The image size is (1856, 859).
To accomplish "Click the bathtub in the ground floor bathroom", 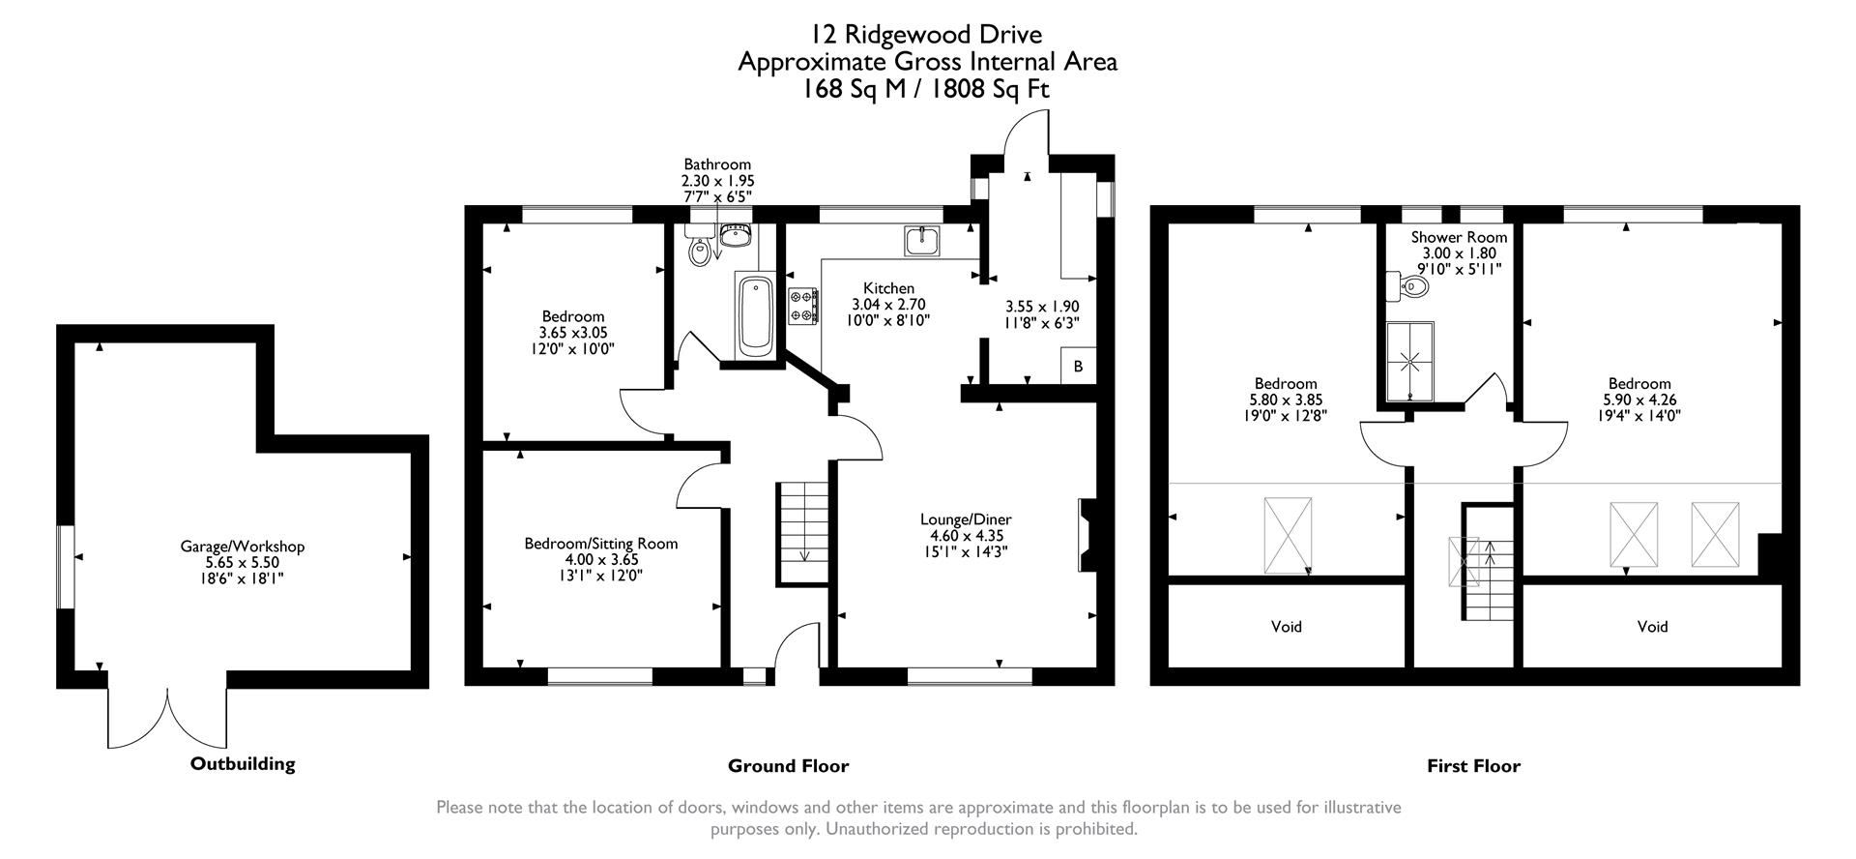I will click(754, 315).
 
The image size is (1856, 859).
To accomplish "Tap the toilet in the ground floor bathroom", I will click(700, 252).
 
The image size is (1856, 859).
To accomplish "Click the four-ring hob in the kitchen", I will click(803, 306).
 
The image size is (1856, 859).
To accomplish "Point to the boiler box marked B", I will click(1079, 368).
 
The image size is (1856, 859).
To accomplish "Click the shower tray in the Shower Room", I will click(1410, 362).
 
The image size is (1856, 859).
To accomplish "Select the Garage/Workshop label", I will click(242, 547).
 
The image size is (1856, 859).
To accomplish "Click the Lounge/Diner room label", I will click(966, 519).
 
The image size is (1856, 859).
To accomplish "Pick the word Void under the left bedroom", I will click(1286, 627).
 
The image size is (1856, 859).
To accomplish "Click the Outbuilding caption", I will click(243, 764).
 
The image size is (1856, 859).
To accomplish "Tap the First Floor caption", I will click(1473, 766).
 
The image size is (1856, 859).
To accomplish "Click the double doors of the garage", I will click(168, 718).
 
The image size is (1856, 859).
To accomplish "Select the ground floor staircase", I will click(802, 533).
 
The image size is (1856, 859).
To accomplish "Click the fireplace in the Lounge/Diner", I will click(1085, 535).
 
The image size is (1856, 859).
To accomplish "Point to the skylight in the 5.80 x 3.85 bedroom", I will click(1288, 535).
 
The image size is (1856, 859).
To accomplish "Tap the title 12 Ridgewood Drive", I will click(926, 35).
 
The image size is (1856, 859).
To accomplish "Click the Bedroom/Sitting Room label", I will click(600, 544).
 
